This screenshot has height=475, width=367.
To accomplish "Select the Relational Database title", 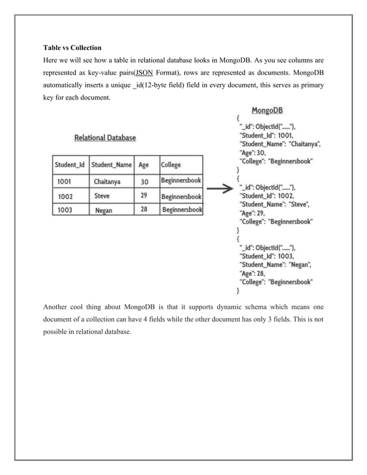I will click(106, 138).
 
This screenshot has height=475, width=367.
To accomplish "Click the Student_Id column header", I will click(70, 165).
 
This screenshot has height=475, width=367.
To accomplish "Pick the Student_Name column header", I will click(112, 165).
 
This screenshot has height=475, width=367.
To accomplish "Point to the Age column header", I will click(144, 165).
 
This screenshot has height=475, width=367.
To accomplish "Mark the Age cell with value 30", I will click(144, 181).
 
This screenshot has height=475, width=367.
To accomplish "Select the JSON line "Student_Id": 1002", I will click(266, 196).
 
